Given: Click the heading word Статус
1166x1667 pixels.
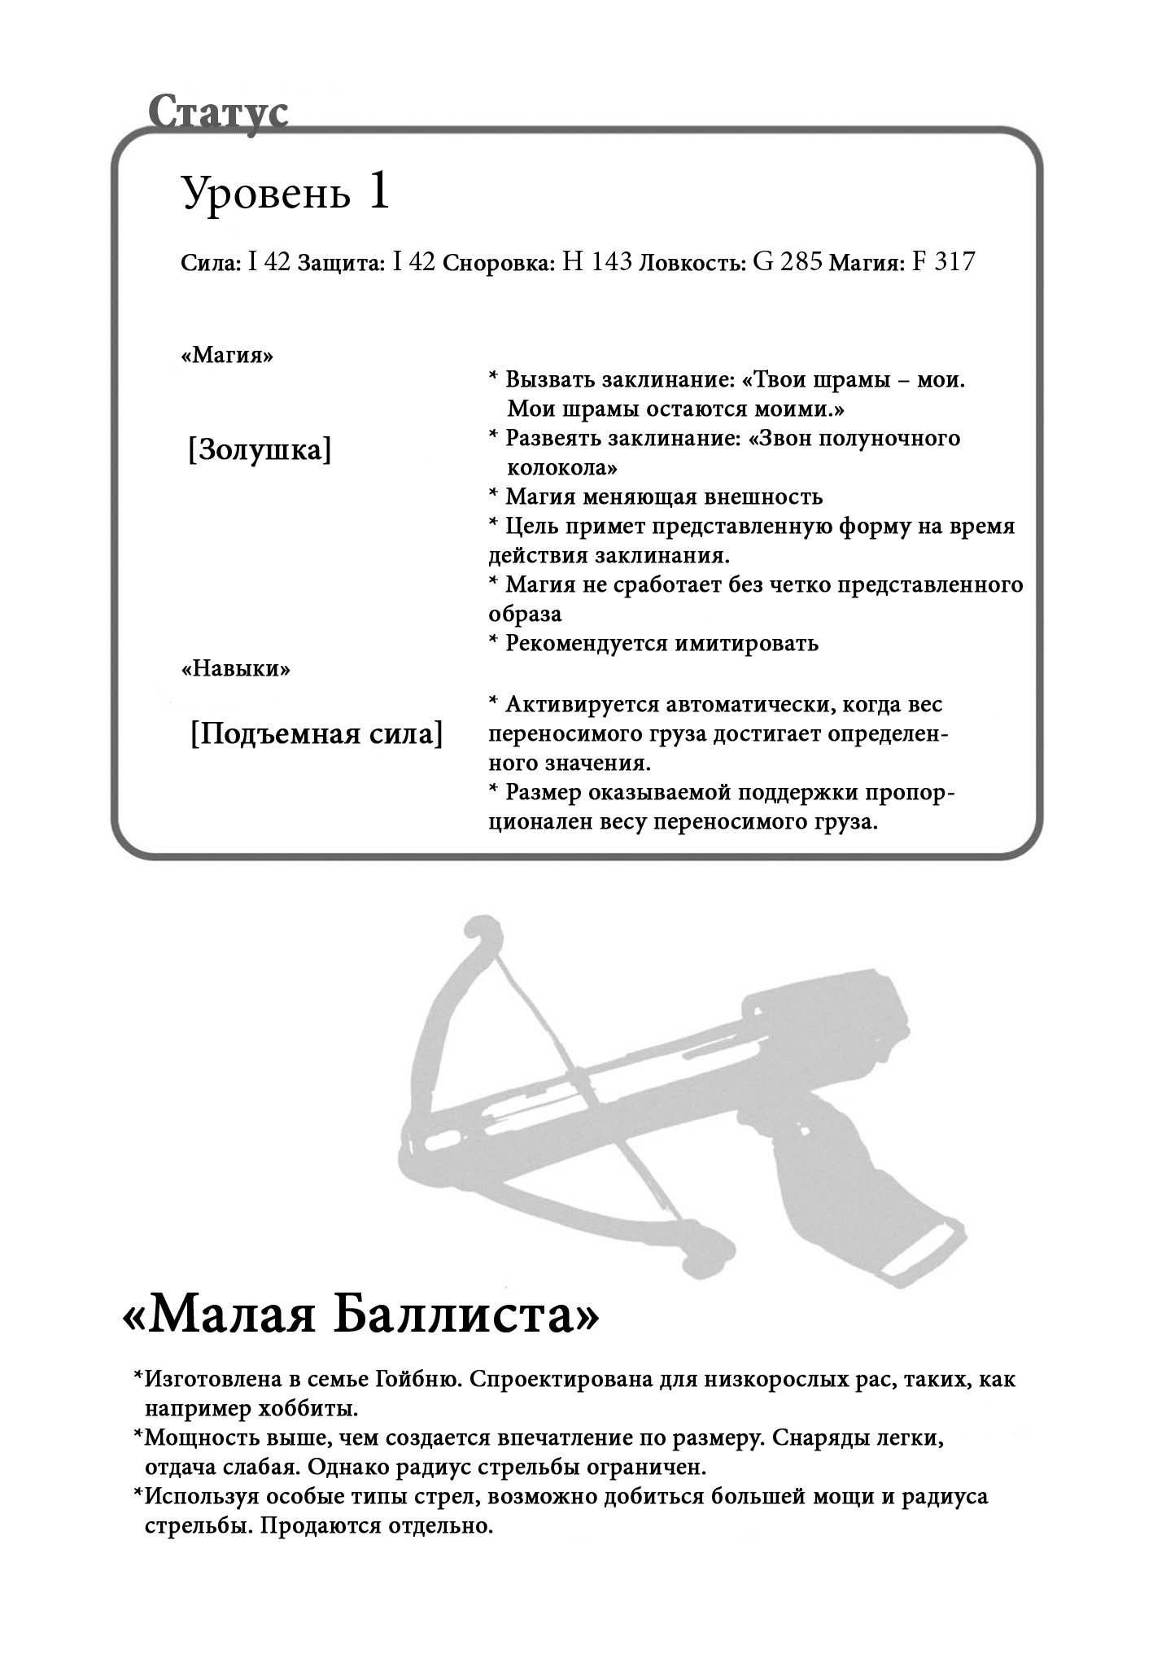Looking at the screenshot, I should tap(218, 112).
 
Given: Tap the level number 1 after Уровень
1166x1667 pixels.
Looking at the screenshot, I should tap(378, 194).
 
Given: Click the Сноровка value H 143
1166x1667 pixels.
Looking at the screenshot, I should tap(597, 262).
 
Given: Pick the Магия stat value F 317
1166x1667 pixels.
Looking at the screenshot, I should tap(944, 262).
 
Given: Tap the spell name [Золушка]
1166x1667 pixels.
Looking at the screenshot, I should tap(260, 450).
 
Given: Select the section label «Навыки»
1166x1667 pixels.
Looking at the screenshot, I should tap(235, 669).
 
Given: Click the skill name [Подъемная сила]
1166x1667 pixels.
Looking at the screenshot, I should tap(317, 734).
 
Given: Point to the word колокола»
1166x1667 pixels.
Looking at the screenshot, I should tap(561, 468).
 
